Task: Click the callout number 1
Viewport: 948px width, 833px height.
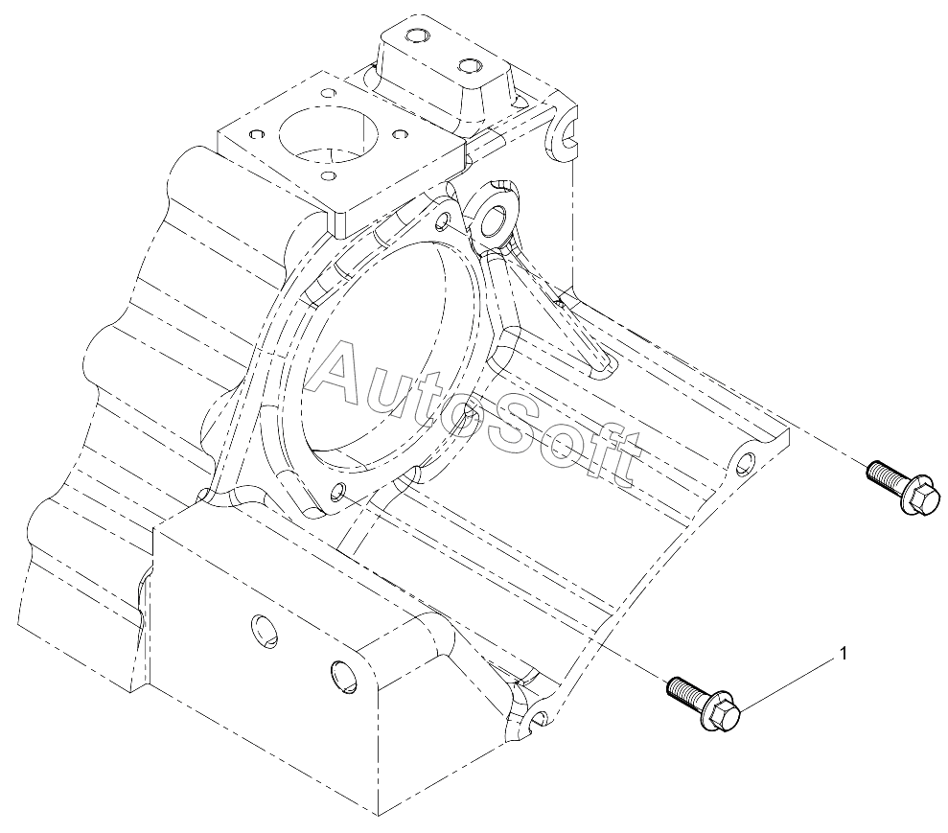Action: (x=844, y=654)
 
